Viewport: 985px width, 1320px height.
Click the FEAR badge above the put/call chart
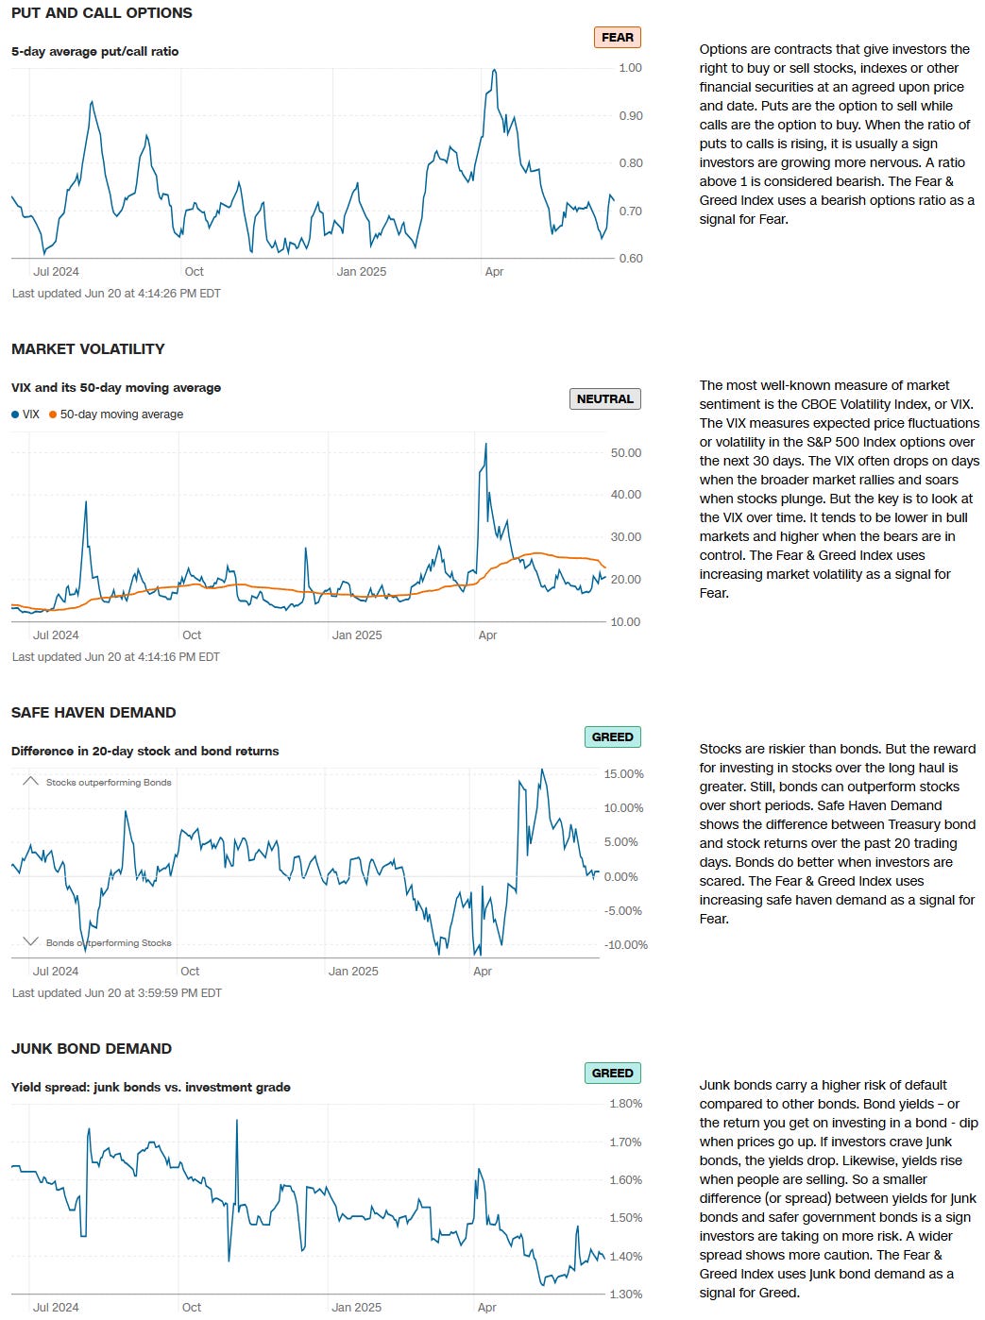tap(617, 38)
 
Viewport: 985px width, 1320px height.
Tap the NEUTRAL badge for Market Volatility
tap(604, 399)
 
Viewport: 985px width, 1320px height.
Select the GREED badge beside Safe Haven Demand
tap(612, 737)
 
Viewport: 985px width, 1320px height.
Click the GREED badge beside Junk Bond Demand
tap(612, 1074)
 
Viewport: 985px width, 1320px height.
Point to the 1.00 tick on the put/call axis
tap(630, 68)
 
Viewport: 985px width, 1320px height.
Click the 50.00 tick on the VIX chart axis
tap(626, 453)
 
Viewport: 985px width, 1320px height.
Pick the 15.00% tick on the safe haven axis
tap(623, 774)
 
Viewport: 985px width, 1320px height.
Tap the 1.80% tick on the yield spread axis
tap(625, 1104)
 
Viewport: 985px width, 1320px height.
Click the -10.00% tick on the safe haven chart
tap(625, 945)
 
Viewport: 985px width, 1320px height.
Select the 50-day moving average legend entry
tap(121, 415)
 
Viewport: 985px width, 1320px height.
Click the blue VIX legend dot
tap(15, 415)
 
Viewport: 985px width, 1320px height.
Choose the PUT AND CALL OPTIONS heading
tap(101, 13)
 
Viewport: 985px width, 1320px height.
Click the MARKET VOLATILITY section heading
tap(88, 349)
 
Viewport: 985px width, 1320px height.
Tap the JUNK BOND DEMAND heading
tap(92, 1049)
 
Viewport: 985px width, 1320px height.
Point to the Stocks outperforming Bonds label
tap(109, 783)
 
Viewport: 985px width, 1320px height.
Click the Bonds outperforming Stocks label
tap(109, 943)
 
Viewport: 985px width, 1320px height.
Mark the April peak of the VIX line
tap(485, 444)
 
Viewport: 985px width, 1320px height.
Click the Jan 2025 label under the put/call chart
tap(361, 272)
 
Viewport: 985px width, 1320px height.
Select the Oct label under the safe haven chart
tap(190, 972)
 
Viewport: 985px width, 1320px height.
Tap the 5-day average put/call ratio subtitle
tap(94, 52)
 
